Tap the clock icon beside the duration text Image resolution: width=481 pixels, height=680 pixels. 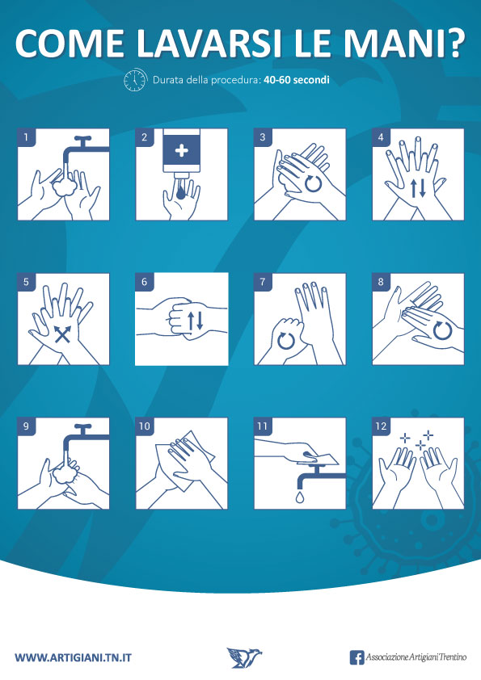(136, 80)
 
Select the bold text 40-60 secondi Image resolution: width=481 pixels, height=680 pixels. (297, 80)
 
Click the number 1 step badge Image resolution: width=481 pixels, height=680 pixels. (26, 137)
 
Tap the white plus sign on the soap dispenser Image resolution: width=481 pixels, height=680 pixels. (181, 150)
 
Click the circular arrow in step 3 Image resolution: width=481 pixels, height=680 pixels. (313, 183)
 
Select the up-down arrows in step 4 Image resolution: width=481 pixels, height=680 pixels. (419, 188)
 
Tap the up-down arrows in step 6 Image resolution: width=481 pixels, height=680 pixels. (195, 320)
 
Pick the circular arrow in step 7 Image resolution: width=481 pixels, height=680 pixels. (285, 341)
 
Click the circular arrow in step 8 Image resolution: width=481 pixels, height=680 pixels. (443, 330)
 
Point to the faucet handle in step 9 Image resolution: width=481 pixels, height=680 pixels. (82, 427)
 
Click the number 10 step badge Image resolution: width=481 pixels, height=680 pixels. (145, 426)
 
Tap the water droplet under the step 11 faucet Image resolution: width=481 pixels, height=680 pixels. (300, 497)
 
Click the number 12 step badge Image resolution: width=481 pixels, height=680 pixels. (381, 426)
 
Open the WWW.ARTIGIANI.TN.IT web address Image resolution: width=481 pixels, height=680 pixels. (73, 657)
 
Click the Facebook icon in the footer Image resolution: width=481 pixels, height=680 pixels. (357, 657)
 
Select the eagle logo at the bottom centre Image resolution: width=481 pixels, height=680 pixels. (244, 657)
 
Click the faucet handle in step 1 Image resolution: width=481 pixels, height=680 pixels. (82, 139)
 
